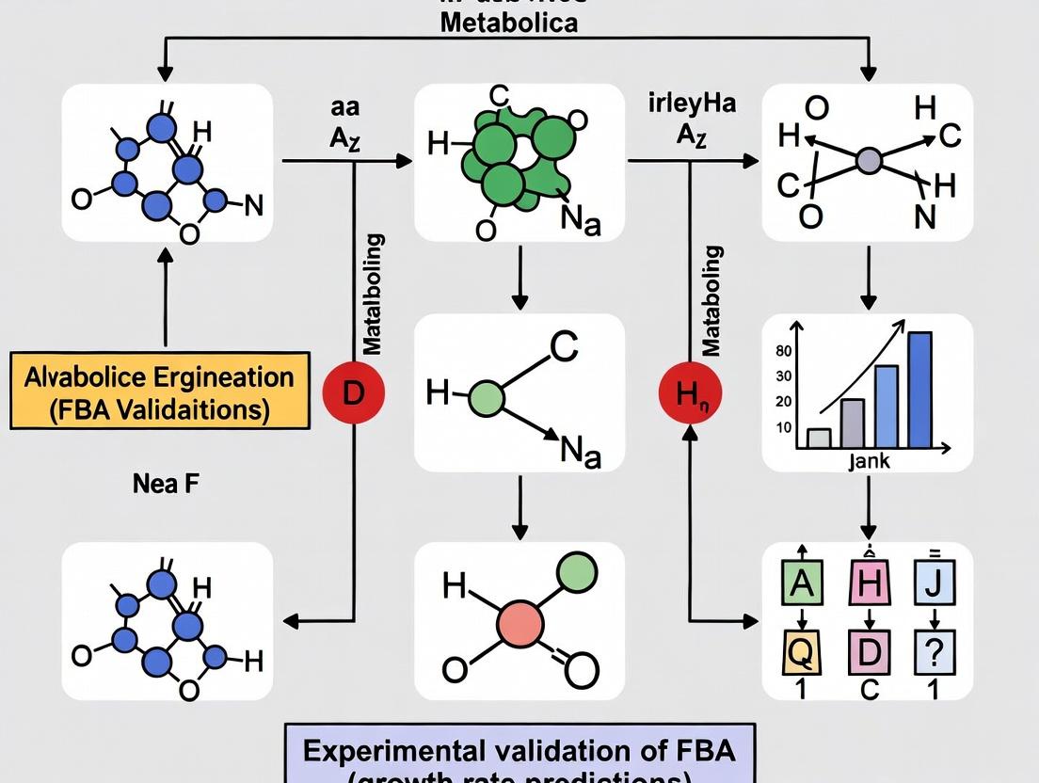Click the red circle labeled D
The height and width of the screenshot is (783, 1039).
[353, 392]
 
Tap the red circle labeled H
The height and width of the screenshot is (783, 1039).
[690, 392]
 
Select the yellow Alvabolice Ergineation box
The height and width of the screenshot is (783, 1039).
[160, 391]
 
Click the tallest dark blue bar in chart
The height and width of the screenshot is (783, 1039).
[919, 390]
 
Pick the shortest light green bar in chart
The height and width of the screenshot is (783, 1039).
[819, 438]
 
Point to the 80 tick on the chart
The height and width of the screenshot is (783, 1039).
[783, 352]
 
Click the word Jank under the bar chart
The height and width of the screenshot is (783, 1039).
[869, 462]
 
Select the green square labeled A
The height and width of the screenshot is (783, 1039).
[801, 585]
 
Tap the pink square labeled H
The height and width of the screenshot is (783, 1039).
[869, 585]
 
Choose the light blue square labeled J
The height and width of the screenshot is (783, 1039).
[934, 585]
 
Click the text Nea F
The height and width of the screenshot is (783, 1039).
[166, 485]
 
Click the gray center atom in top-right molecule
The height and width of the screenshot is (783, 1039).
[868, 161]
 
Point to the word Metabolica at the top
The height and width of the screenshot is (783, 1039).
[509, 23]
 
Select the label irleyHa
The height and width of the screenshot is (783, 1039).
[692, 104]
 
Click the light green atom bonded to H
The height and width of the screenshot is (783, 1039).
[487, 398]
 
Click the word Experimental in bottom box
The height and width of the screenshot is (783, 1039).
[402, 751]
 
